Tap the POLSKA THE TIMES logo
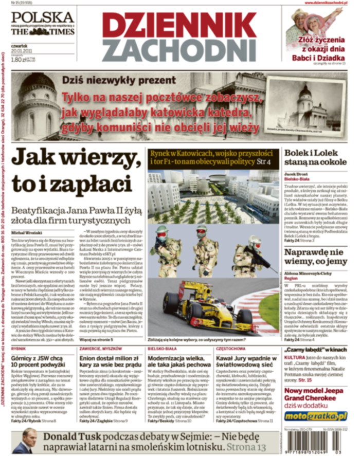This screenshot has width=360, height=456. [x=43, y=23]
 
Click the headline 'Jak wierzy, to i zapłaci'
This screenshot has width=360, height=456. [x=73, y=169]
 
